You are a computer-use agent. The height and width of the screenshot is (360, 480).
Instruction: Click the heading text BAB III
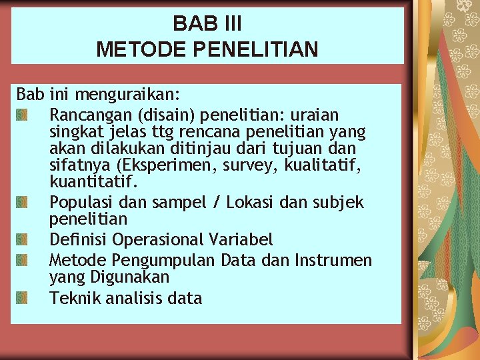[x=207, y=23]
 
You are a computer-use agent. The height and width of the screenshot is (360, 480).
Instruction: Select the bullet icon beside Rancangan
[x=22, y=115]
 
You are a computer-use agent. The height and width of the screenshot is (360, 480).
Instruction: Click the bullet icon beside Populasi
[x=22, y=202]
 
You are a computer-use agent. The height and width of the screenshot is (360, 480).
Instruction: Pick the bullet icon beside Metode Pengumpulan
[x=22, y=259]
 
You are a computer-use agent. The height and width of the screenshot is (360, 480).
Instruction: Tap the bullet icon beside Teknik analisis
[x=22, y=298]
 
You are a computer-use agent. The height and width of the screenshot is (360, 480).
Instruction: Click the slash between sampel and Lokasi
[x=217, y=201]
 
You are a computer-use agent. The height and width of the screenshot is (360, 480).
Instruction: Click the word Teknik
[x=72, y=297]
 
